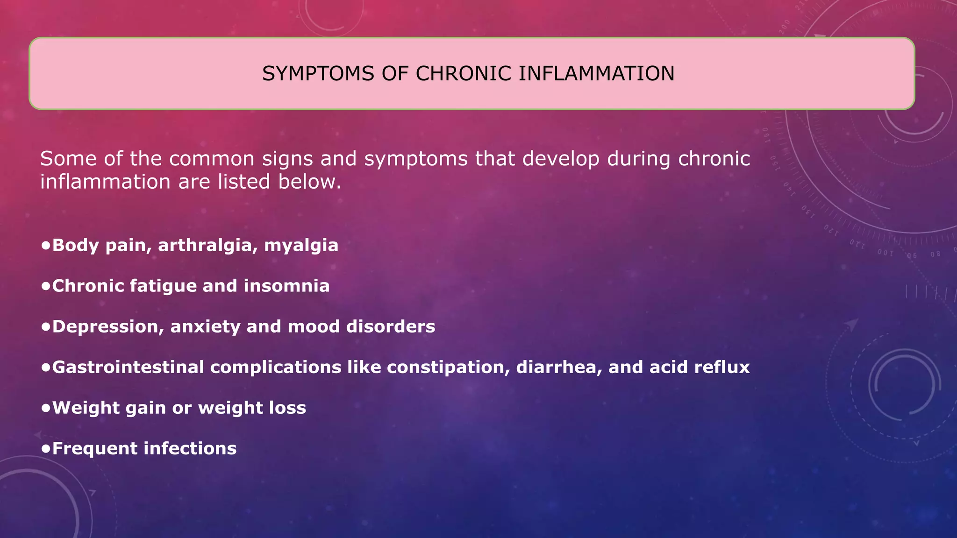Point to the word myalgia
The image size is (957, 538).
(301, 246)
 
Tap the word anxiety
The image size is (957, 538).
(205, 326)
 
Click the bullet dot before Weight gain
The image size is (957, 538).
(45, 408)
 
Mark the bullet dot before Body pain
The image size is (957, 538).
(45, 245)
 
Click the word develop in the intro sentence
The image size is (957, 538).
(561, 159)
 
